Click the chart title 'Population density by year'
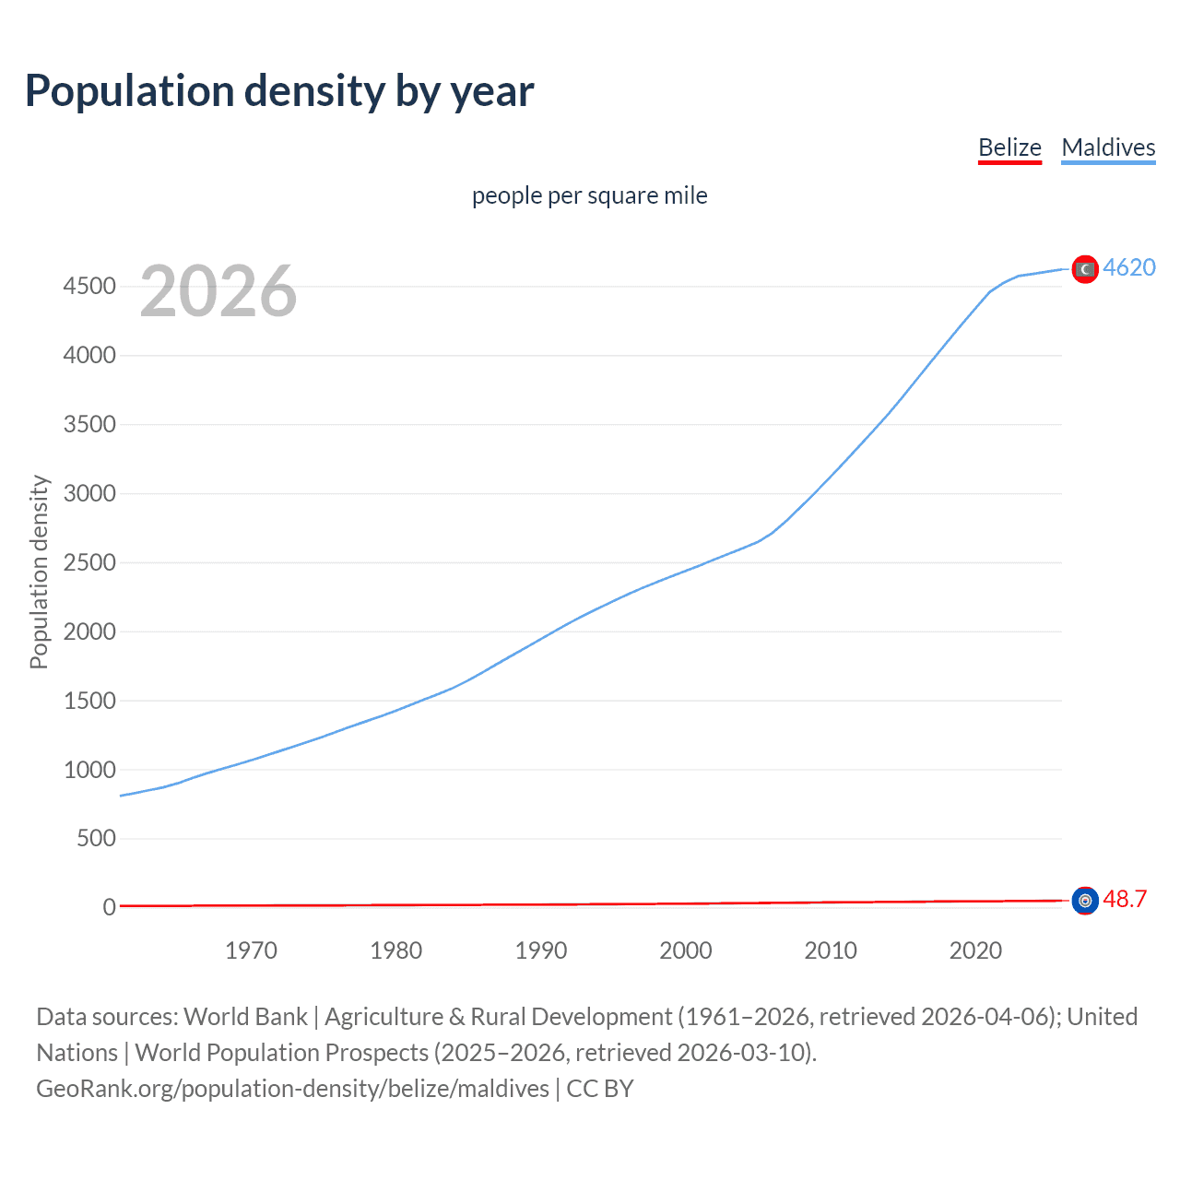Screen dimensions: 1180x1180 pos(279,91)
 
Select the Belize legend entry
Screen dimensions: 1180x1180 pos(1009,147)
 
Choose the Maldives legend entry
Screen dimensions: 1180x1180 pos(1108,147)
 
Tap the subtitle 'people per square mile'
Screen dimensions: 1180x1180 pos(589,195)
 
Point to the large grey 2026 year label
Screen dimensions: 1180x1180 pos(218,291)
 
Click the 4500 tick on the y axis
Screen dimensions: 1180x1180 pos(89,287)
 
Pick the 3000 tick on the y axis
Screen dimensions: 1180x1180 pos(89,493)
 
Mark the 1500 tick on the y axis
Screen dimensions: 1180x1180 pos(89,701)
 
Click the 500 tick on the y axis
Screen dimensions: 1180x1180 pos(96,838)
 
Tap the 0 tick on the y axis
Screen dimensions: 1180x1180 pos(109,907)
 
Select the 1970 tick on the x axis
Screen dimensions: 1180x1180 pos(251,950)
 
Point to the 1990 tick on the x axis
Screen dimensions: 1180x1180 pos(541,950)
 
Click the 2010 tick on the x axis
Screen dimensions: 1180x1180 pos(831,950)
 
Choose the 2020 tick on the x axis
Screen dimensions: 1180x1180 pos(975,950)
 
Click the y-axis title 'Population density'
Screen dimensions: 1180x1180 pos(39,572)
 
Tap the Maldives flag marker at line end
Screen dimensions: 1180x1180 pos(1085,269)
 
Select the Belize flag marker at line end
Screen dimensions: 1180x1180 pos(1085,900)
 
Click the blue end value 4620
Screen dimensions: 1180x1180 pos(1129,267)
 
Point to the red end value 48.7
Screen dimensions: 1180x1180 pos(1125,899)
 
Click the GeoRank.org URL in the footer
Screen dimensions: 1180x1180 pos(292,1089)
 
